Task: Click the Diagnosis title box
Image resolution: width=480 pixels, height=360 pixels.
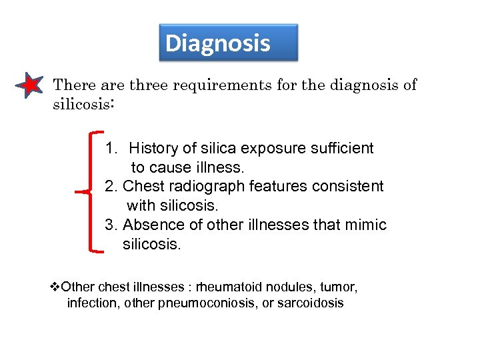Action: tap(228, 43)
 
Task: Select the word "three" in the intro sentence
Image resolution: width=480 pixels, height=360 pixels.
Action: tap(149, 85)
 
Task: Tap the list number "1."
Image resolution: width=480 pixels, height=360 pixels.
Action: tap(111, 148)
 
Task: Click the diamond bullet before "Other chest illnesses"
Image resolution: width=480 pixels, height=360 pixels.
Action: tap(55, 287)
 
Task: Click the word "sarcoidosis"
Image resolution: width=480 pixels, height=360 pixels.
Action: tap(310, 303)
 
